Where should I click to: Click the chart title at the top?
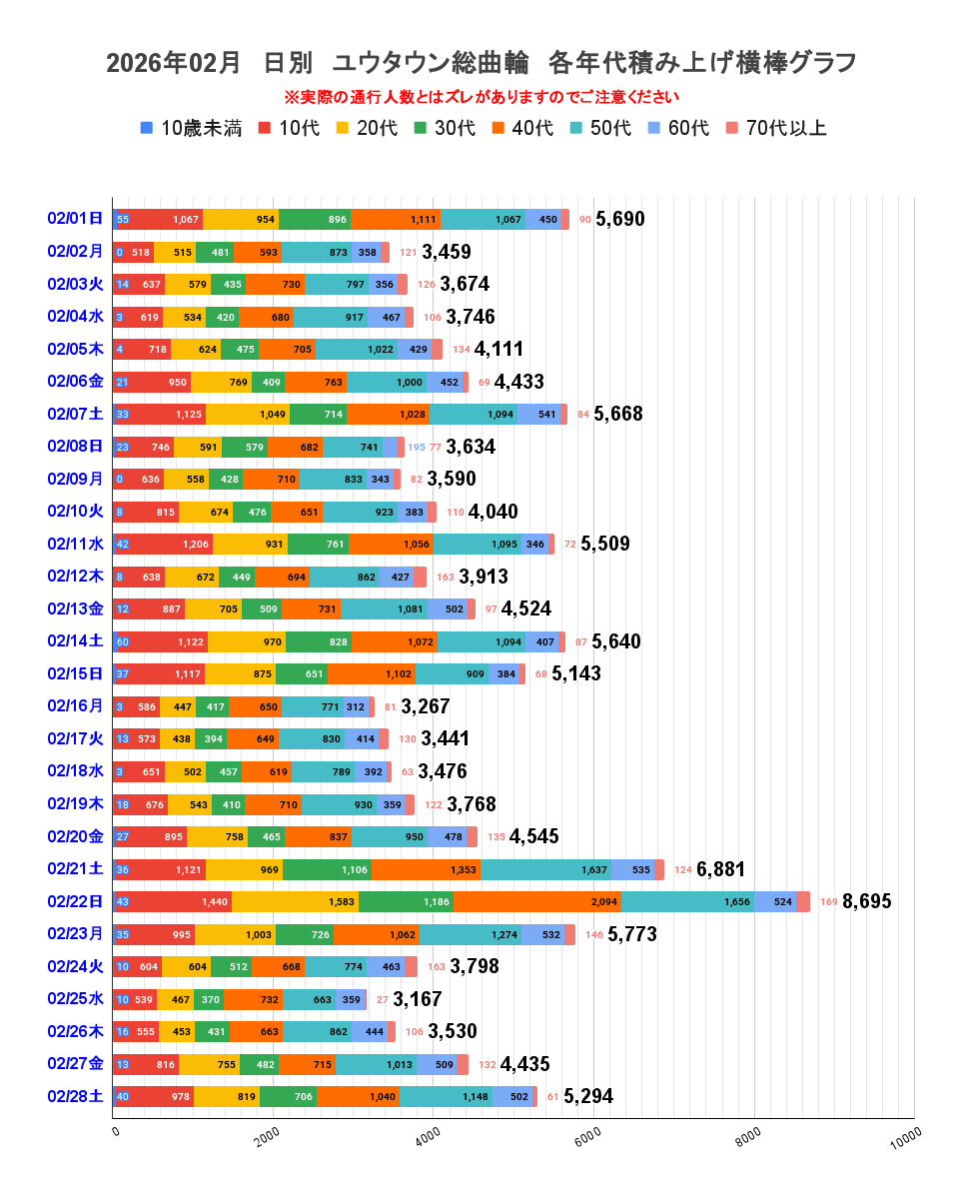[481, 63]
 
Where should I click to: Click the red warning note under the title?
[481, 97]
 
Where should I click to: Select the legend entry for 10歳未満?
[191, 128]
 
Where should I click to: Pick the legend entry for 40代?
[520, 128]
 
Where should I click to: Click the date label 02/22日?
[75, 901]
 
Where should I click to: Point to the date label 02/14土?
[75, 641]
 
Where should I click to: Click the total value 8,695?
[867, 901]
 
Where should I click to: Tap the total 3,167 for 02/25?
[417, 999]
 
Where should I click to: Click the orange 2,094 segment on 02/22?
[536, 901]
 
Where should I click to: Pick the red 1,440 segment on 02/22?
[174, 901]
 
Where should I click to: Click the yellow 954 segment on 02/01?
[241, 219]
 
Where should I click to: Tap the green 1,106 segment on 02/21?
[327, 869]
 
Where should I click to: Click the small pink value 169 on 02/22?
[829, 902]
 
